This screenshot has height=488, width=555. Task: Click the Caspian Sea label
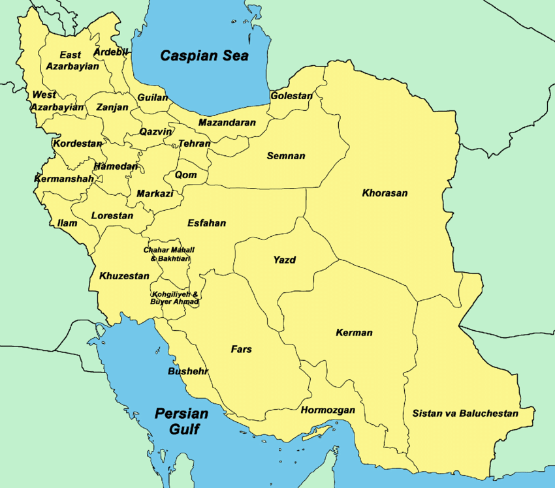tap(204, 55)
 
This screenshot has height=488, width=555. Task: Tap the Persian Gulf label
tap(182, 421)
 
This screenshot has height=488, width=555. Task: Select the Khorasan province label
tap(385, 193)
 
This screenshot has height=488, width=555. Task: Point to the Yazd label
tap(284, 260)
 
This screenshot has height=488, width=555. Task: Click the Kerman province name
tap(354, 333)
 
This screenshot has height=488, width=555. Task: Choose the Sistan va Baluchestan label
tap(465, 414)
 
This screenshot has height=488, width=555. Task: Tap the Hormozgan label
tap(328, 410)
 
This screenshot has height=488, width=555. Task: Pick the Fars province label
tap(241, 350)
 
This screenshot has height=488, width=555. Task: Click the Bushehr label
tap(188, 371)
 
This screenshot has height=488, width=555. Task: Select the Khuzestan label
tap(124, 277)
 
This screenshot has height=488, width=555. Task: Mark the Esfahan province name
tap(206, 223)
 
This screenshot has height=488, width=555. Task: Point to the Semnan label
tap(285, 157)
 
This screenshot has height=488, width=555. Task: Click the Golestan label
tap(291, 96)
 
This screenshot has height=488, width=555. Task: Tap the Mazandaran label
tap(227, 123)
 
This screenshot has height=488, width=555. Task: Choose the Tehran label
tap(195, 144)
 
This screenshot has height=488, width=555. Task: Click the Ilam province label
tap(67, 223)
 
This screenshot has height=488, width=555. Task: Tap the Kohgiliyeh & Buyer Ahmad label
tap(174, 298)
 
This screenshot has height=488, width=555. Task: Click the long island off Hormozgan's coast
tap(318, 433)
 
